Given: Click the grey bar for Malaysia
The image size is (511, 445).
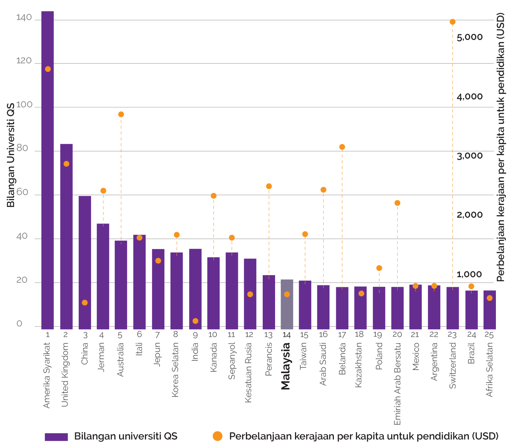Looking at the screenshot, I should coord(287,304).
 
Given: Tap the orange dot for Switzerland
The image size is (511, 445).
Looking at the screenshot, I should coord(453,22).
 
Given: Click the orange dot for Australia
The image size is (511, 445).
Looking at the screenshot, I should coord(121,114).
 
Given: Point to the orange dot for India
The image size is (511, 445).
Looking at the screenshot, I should coord(195,321).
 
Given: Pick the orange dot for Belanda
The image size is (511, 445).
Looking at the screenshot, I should coord(342,147).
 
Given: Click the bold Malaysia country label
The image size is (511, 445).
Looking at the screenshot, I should coord(286,366).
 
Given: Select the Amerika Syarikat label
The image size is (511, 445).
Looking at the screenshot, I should coord(47,375).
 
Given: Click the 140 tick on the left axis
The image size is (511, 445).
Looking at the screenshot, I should coord(24,18).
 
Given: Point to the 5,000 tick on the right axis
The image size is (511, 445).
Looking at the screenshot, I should coord(469,37).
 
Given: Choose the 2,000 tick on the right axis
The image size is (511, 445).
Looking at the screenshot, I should coord(469,215).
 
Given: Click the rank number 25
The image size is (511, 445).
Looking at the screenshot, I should coord(489,334).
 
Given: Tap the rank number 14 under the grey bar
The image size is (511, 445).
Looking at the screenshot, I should coord(286,335).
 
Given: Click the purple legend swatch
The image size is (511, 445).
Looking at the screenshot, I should coord(56,436).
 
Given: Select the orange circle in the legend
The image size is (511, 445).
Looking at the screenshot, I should coord(217,436).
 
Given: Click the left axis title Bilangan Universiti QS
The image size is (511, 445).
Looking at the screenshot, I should coord(11,155).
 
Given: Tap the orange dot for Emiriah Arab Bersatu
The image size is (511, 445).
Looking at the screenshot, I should coord(397,203).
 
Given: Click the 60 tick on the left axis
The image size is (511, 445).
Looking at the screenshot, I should coord(22,192).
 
